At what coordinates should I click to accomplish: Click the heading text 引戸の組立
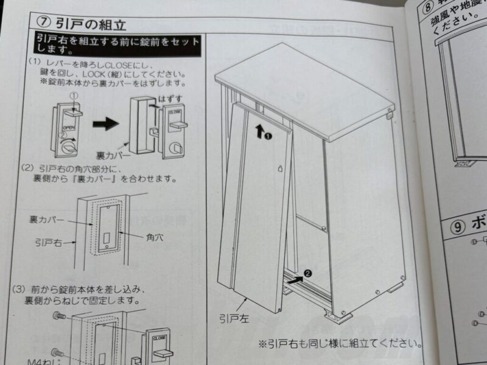90,24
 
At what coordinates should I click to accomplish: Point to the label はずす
168,97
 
